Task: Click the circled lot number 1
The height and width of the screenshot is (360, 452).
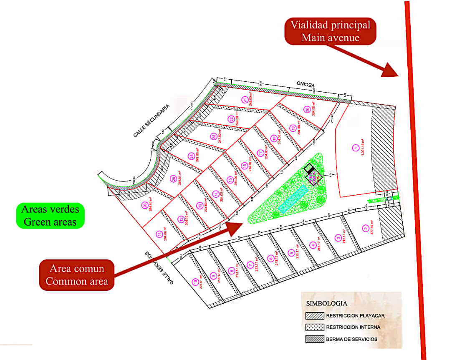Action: coord(355,147)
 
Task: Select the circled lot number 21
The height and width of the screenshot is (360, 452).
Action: coord(245,100)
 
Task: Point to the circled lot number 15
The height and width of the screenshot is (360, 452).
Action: coord(230,180)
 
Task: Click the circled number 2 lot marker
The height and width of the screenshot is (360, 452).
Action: coord(366,228)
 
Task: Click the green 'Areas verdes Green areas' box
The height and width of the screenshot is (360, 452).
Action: coord(50,215)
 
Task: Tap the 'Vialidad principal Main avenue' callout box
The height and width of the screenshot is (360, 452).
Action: coord(330,31)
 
